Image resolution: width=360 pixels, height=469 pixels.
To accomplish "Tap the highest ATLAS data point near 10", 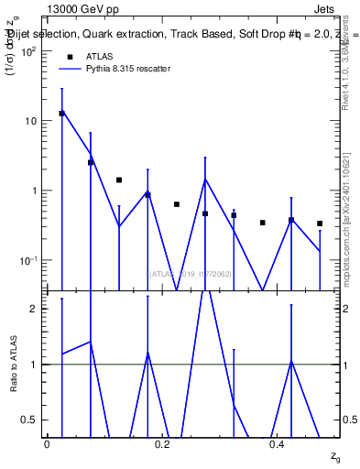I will coord(61,114).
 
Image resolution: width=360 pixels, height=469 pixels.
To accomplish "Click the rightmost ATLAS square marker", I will coord(320,224).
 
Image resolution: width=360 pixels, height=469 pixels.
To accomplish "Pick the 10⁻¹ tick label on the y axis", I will coord(27,260).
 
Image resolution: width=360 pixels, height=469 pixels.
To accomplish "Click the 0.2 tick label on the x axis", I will coord(162,444).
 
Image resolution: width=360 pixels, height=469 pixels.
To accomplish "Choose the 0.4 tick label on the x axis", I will coord(278,444).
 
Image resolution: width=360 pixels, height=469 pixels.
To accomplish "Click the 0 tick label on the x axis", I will coord(47,444).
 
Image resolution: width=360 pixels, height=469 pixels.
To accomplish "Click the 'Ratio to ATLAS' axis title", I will coord(14,365).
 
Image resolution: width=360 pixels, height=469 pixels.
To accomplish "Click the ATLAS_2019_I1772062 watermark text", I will coord(191,273).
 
